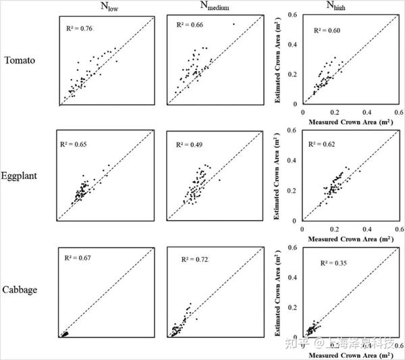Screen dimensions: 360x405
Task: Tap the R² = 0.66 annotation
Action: click(x=189, y=25)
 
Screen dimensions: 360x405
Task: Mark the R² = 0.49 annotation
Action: click(x=189, y=145)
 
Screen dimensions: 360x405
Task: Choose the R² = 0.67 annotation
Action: click(x=78, y=258)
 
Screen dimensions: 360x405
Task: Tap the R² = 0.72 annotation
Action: click(x=196, y=259)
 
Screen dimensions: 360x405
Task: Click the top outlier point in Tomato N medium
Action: click(x=234, y=24)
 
